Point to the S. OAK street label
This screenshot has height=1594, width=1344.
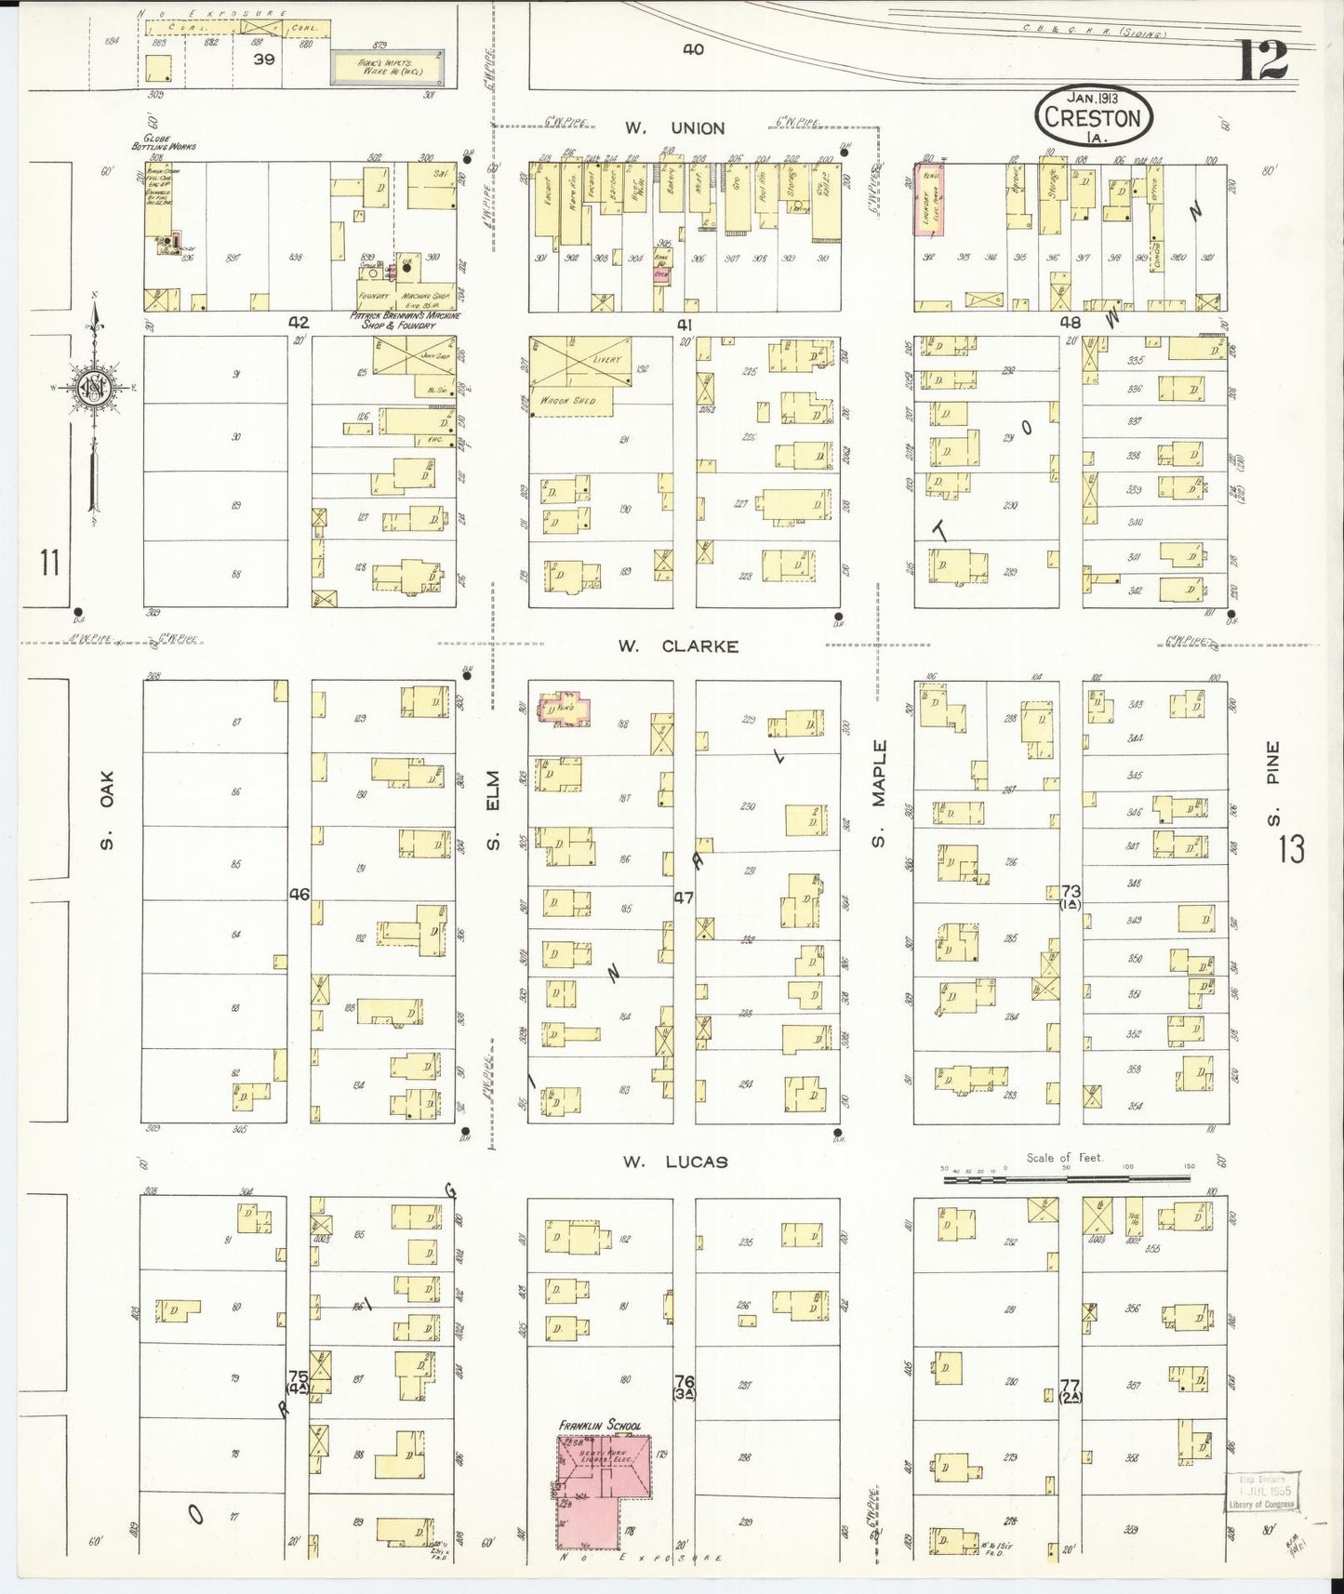pos(108,809)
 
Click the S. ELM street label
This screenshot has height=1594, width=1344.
pos(496,810)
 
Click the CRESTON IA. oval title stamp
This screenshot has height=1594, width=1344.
pos(1093,114)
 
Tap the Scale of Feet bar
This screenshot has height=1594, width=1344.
pos(1066,1178)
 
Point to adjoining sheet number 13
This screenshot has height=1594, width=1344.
pos(1291,849)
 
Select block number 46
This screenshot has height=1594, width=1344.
pos(299,895)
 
